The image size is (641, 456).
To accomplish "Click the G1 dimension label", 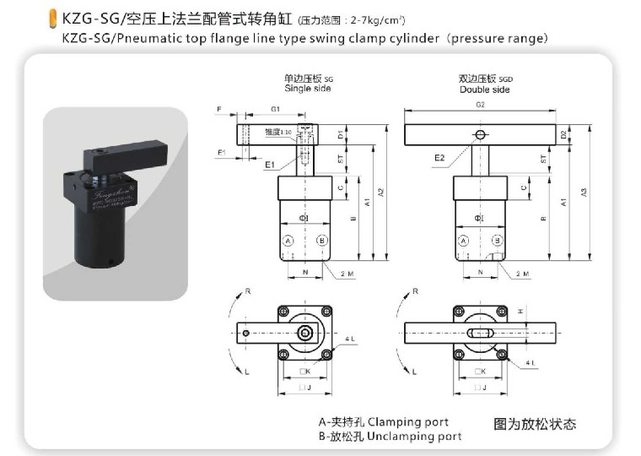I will tap(275, 110).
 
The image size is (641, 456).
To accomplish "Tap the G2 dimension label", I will tap(480, 105).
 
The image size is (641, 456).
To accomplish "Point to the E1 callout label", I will tap(270, 165).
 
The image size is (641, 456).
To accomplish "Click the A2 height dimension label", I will tap(381, 193).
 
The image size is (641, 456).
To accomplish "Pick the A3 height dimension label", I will tap(584, 193).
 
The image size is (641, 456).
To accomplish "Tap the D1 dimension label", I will tap(340, 133).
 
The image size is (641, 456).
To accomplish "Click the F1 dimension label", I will tap(221, 152).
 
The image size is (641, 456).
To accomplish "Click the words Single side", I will tap(304, 88).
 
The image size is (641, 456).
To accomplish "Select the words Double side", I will tap(484, 89).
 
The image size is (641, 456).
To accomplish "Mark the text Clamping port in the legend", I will tap(408, 421).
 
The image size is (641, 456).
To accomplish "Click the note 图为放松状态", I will tap(535, 424).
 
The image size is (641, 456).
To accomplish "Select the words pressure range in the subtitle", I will tap(503, 39).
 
